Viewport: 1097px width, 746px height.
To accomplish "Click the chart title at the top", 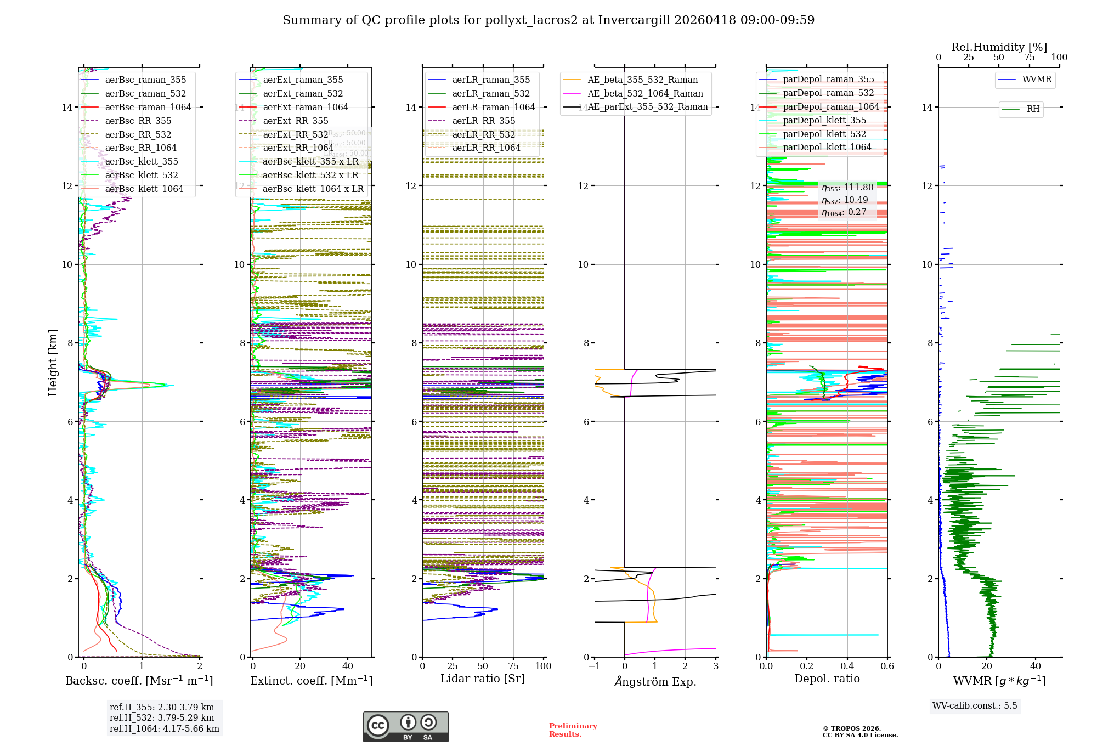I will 548,20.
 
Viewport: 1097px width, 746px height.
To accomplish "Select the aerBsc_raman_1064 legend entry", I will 148,108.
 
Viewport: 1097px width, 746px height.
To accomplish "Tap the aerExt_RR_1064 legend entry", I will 298,148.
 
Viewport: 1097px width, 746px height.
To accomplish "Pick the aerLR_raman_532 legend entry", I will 491,94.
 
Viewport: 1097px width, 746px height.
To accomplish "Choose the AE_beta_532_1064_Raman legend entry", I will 645,94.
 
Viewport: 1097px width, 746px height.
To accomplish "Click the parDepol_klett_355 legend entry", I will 824,121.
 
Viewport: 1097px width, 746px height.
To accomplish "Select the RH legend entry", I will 1033,109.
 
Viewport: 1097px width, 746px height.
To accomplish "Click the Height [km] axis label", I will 53,363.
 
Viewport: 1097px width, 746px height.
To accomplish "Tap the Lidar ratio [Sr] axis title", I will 483,679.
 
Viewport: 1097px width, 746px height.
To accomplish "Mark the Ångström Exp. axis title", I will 655,682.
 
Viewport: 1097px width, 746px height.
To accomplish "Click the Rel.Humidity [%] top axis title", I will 999,47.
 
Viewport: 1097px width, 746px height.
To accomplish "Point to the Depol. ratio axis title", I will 827,679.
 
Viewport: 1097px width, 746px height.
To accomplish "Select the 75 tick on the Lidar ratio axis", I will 513,666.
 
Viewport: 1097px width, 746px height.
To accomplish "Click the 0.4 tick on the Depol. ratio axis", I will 847,666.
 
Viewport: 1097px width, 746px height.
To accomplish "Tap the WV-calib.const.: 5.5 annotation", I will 975,706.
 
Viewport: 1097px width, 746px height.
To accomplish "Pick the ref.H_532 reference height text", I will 162,718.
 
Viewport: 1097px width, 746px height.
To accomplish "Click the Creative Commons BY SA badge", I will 405,727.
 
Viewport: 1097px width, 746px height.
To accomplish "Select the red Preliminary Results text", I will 573,730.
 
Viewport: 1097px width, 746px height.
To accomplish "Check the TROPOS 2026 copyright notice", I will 860,732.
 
